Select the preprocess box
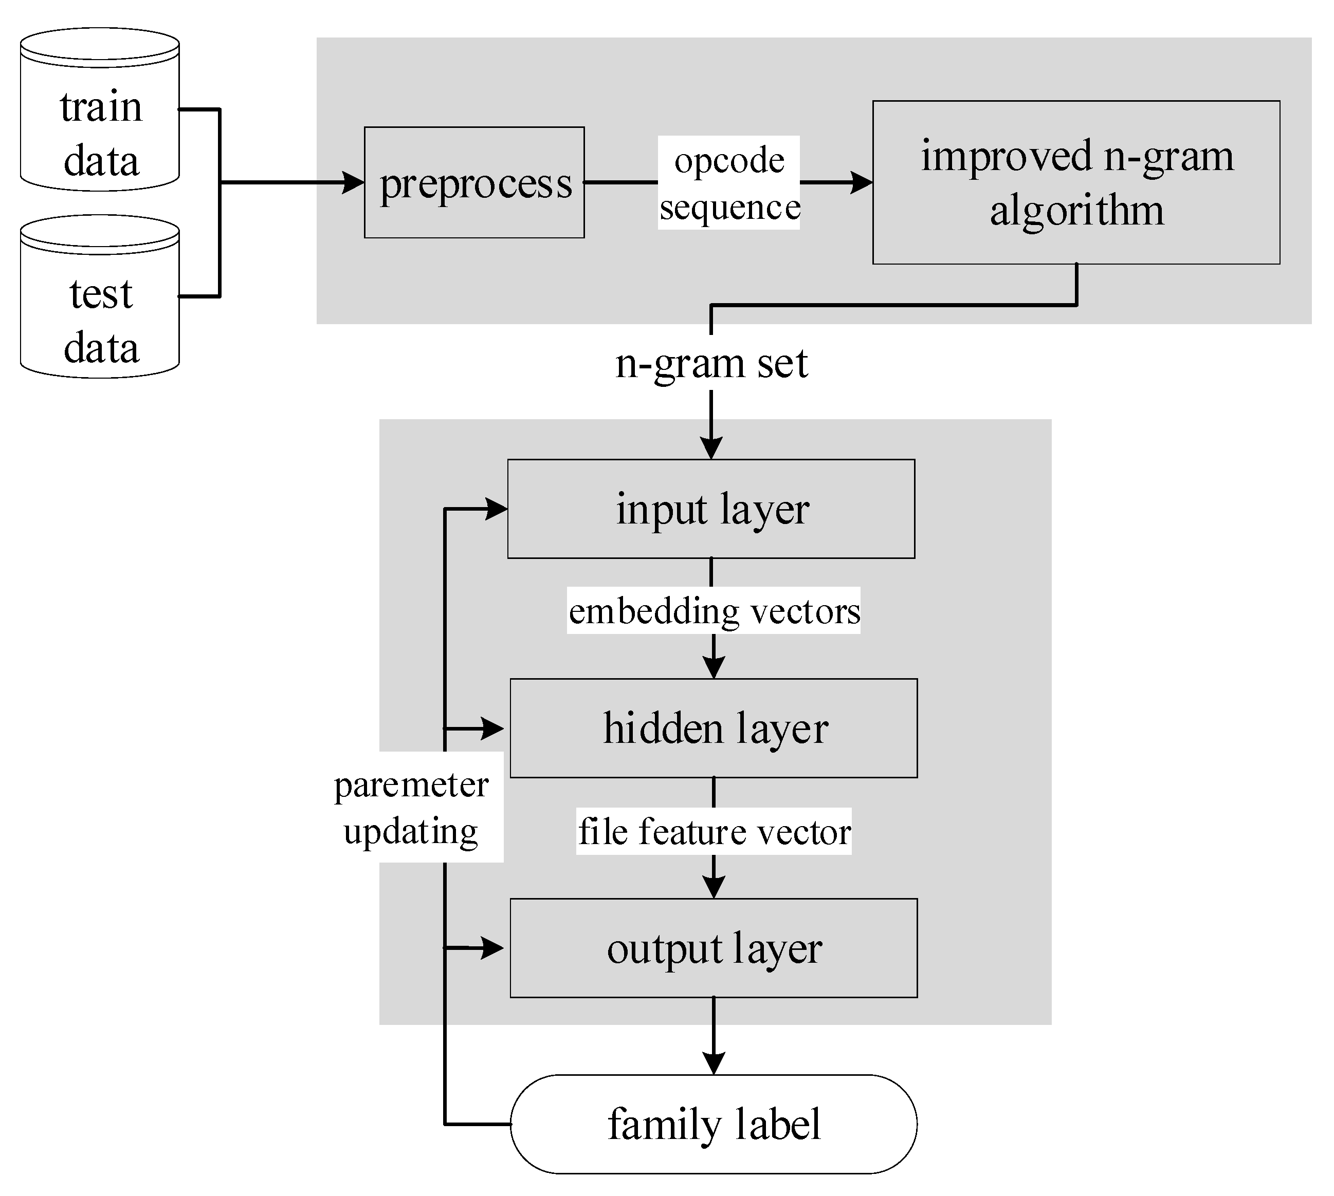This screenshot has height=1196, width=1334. (474, 183)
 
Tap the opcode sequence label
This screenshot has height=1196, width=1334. (728, 183)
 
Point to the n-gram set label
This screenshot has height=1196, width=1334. (711, 363)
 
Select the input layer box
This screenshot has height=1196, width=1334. (711, 509)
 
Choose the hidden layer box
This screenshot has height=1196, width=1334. (714, 728)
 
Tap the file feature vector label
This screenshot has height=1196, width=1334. (714, 831)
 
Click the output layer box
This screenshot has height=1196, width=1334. (714, 948)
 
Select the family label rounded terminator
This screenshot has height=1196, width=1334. (714, 1124)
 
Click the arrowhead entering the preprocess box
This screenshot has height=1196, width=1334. (354, 183)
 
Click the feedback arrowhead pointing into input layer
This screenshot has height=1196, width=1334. (497, 509)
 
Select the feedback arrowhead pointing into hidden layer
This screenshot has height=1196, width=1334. (494, 728)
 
